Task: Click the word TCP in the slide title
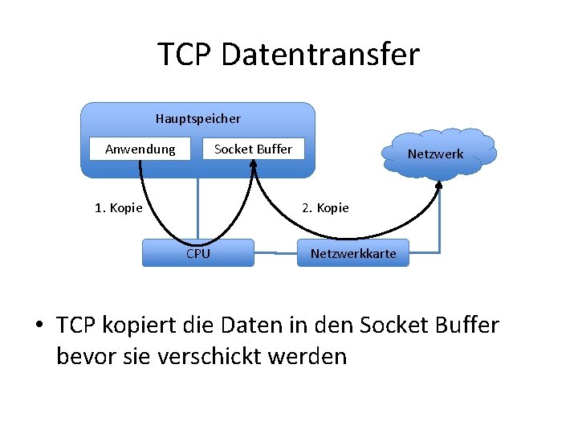coord(184,55)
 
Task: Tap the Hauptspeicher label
coord(198,119)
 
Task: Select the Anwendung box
coord(140,149)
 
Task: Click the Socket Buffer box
coord(254,149)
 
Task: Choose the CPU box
coord(198,253)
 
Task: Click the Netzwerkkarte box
coord(353,253)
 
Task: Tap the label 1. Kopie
coord(119,208)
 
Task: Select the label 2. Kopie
coord(325,208)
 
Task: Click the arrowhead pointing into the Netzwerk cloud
coord(439,184)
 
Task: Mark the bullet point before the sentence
coord(38,326)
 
